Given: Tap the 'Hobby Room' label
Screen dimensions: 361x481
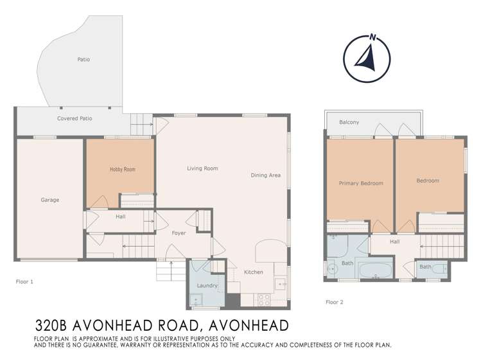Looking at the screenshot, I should pyautogui.click(x=122, y=170).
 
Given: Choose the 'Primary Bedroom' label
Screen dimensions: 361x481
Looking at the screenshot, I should pyautogui.click(x=360, y=183).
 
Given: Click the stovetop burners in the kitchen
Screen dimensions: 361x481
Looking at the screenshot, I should pyautogui.click(x=263, y=299).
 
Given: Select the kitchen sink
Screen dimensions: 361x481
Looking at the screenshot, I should pyautogui.click(x=281, y=283).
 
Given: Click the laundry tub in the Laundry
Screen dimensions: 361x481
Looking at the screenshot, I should pyautogui.click(x=196, y=298).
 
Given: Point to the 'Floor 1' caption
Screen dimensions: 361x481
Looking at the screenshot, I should pyautogui.click(x=24, y=281).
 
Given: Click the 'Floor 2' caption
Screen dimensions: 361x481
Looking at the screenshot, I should pyautogui.click(x=335, y=301).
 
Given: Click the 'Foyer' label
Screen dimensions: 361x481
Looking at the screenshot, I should pyautogui.click(x=179, y=233).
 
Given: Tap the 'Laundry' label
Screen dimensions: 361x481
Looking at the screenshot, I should pyautogui.click(x=207, y=285).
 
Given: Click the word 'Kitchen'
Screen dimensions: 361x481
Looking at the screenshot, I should pyautogui.click(x=253, y=272).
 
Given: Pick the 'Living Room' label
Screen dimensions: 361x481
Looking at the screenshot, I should pyautogui.click(x=202, y=169).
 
